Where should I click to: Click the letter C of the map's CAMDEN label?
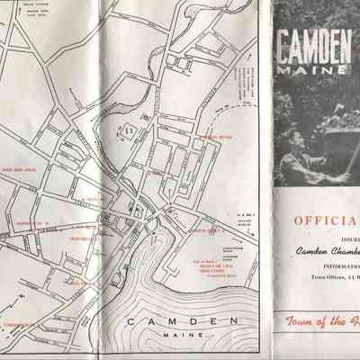coord(131,298)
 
